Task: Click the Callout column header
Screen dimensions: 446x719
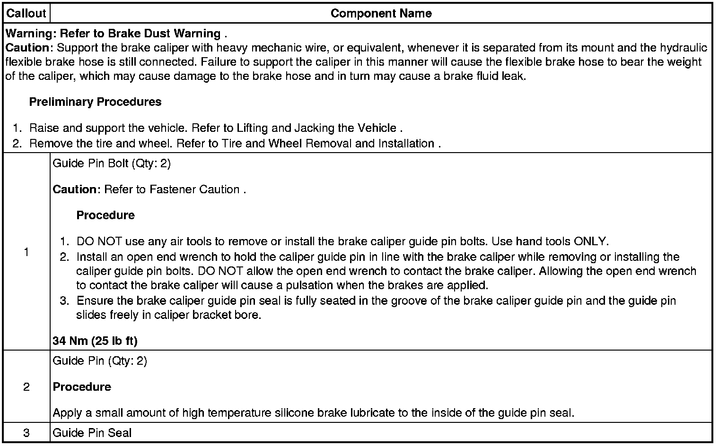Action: click(x=26, y=13)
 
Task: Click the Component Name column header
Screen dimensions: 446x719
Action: click(x=381, y=13)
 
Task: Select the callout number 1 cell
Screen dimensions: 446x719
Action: click(x=26, y=252)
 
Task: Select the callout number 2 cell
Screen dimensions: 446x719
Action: click(x=26, y=387)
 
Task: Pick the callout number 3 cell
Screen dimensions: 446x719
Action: click(x=26, y=433)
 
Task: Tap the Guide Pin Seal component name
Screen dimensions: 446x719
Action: click(x=92, y=433)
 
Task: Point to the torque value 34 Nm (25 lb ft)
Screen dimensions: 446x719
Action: click(x=95, y=341)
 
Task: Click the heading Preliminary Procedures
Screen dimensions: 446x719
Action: click(x=95, y=102)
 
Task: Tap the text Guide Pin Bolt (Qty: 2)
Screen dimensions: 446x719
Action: click(x=112, y=163)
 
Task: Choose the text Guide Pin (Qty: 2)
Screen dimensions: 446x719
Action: click(x=100, y=361)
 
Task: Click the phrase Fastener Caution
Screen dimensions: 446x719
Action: click(x=194, y=189)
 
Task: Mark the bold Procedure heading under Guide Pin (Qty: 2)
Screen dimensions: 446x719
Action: click(x=82, y=387)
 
